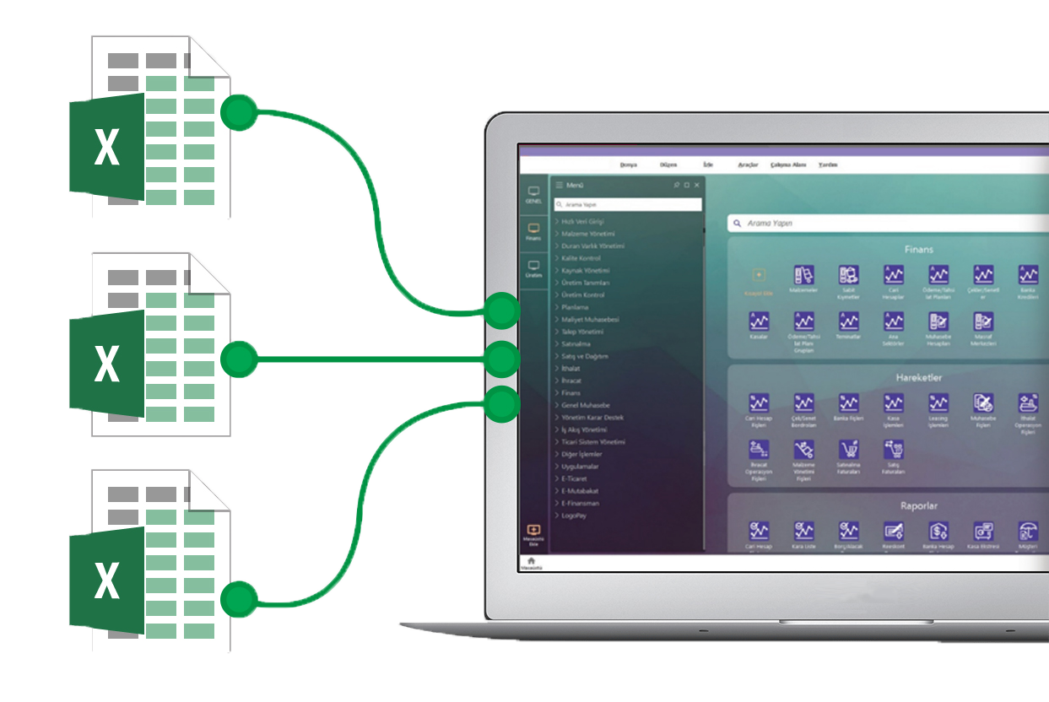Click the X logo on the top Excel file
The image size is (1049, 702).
107,147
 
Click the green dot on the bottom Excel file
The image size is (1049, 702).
240,601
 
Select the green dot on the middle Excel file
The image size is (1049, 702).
240,359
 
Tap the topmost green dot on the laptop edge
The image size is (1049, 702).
503,311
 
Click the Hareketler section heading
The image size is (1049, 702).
918,377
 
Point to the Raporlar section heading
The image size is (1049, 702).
918,506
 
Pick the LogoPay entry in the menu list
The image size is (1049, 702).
576,515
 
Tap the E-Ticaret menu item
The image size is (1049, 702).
578,478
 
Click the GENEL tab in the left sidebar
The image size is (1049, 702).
533,194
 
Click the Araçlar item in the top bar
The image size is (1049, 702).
748,165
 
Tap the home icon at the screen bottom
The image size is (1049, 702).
531,561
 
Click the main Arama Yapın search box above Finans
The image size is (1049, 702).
886,224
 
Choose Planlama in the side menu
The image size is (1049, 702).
576,307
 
